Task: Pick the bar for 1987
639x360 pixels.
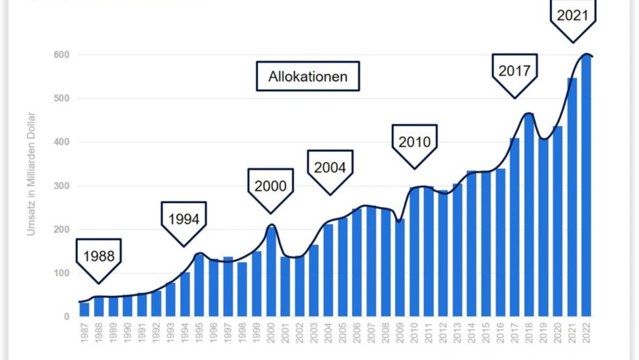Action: click(x=84, y=310)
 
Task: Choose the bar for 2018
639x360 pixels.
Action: click(x=529, y=215)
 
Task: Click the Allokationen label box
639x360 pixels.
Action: click(x=308, y=76)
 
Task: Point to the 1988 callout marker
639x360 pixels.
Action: click(x=99, y=257)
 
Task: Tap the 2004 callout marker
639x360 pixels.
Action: click(x=330, y=168)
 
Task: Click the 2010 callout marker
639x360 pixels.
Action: click(x=414, y=143)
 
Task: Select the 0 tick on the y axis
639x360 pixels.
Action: click(x=66, y=317)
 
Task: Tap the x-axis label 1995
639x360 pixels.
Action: click(x=199, y=332)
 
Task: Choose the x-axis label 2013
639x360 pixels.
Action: click(x=457, y=332)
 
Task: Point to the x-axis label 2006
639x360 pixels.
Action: click(x=357, y=332)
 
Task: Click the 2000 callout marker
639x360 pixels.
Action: click(x=271, y=187)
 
